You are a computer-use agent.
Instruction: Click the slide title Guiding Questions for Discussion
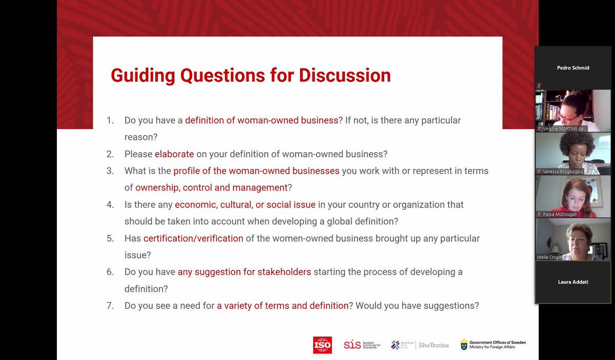pos(251,75)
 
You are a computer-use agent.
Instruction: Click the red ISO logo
pos(322,345)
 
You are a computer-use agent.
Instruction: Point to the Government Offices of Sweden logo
pos(493,345)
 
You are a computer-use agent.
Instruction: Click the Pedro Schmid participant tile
pos(572,68)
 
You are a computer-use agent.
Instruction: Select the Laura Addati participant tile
pos(572,282)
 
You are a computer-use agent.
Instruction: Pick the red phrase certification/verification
pos(193,238)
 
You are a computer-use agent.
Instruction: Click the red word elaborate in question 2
pos(174,154)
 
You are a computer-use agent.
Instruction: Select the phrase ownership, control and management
pos(211,187)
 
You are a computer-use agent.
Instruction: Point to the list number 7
pos(110,306)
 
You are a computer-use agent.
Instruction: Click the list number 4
pos(110,204)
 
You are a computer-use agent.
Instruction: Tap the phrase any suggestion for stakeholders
pos(244,272)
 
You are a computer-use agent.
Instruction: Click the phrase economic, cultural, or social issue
pos(245,204)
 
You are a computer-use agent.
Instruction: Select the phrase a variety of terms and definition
pos(282,306)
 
